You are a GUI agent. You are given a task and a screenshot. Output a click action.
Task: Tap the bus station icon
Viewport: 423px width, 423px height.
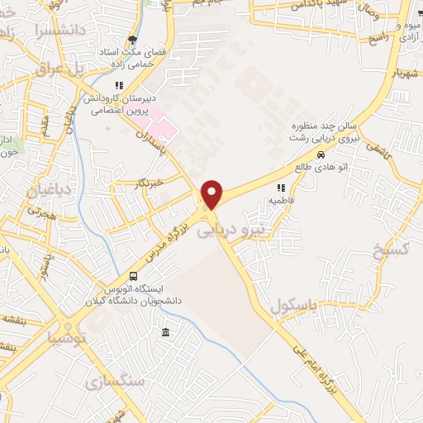click(133, 277)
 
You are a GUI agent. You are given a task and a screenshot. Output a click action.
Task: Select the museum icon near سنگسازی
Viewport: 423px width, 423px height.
click(166, 332)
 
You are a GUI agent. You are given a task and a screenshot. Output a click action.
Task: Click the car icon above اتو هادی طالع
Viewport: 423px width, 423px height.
click(320, 155)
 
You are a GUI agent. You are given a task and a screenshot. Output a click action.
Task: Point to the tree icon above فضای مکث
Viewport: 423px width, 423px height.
click(132, 40)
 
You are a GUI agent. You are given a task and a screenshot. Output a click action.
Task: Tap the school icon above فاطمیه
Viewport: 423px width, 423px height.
click(280, 188)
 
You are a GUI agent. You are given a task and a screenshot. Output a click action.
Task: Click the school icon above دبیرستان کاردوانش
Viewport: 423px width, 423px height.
click(119, 84)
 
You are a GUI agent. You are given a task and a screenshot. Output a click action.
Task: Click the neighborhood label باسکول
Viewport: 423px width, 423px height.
click(294, 307)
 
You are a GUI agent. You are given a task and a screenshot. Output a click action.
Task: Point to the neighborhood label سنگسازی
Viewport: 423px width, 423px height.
click(114, 380)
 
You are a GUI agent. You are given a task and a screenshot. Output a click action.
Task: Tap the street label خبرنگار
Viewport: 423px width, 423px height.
click(149, 181)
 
